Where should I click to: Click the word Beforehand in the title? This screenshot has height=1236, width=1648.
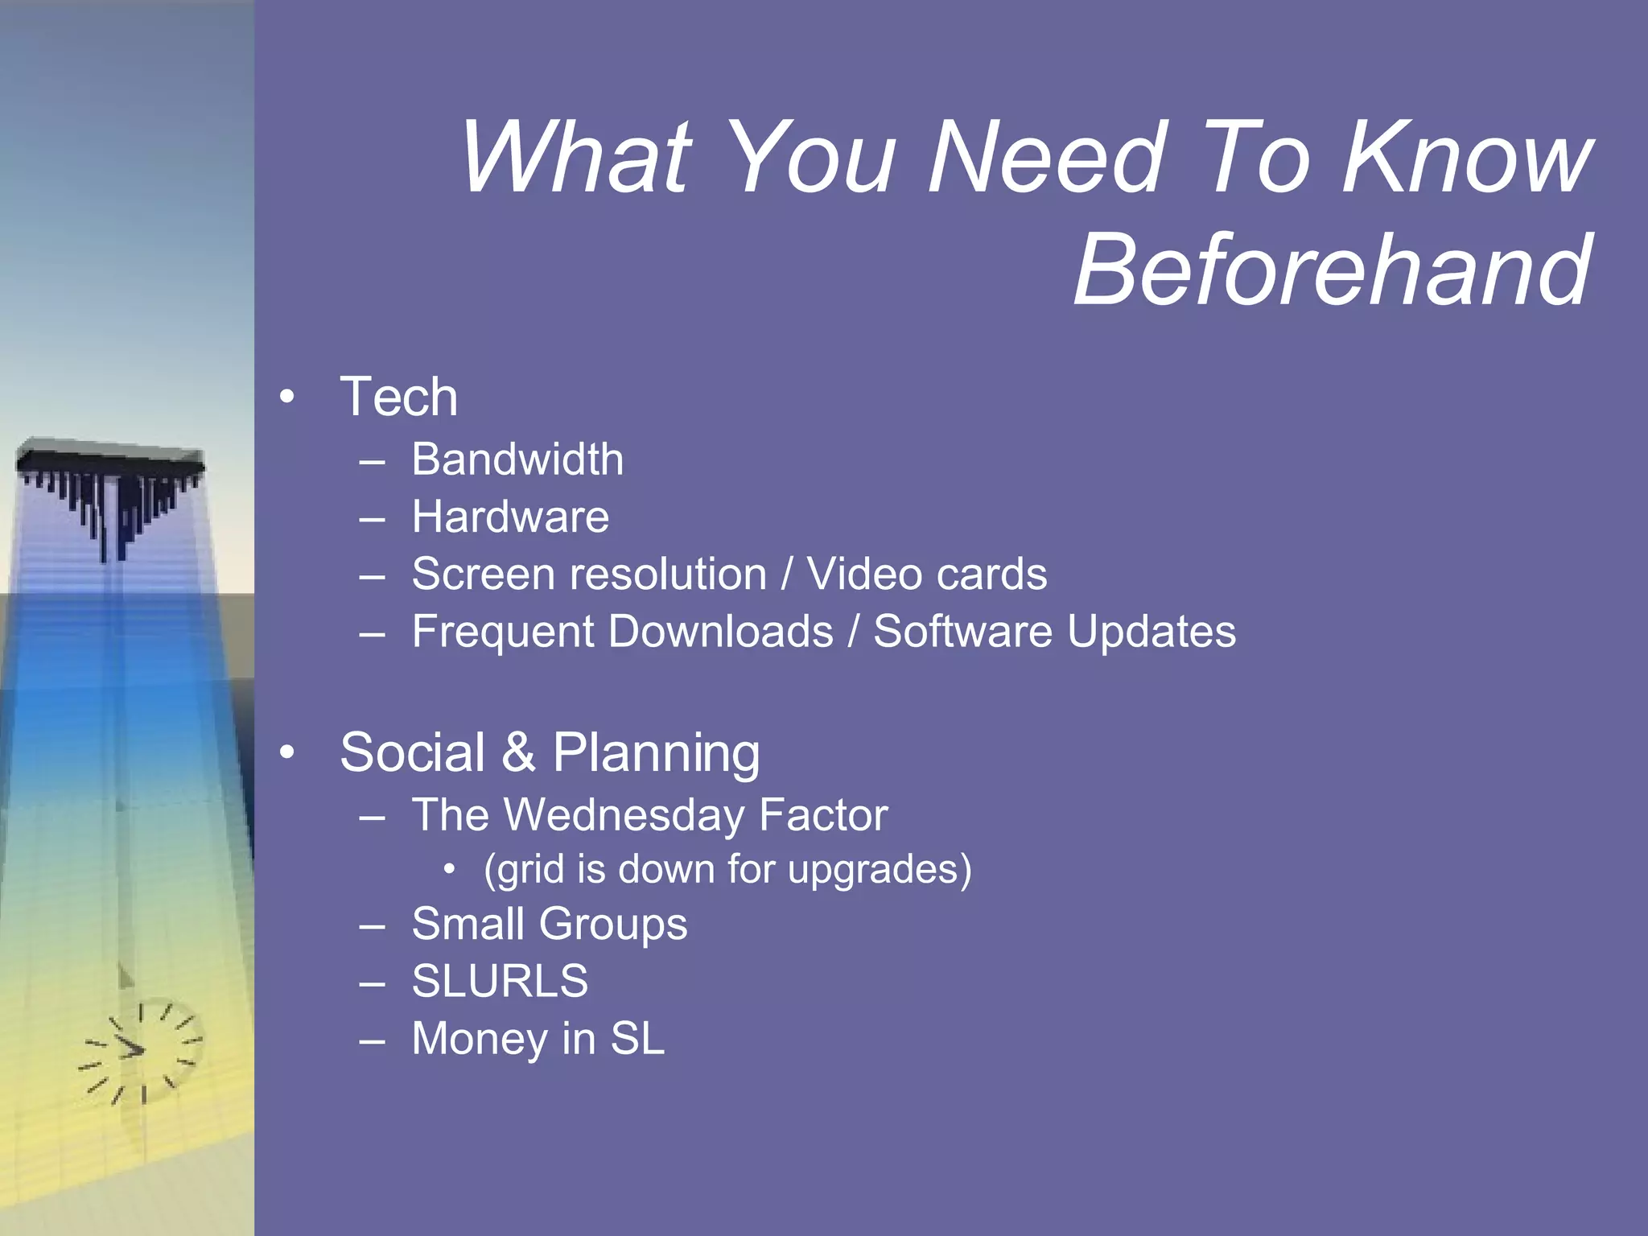pyautogui.click(x=1333, y=270)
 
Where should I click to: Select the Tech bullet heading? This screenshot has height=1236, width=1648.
pyautogui.click(x=398, y=397)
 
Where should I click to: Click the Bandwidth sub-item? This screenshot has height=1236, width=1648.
pyautogui.click(x=517, y=459)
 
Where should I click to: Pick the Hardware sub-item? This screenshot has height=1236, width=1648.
pyautogui.click(x=510, y=517)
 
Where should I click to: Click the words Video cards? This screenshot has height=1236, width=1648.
pyautogui.click(x=927, y=575)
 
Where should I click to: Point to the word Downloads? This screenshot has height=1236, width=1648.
pyautogui.click(x=721, y=632)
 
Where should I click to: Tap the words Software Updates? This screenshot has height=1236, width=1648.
pyautogui.click(x=1054, y=632)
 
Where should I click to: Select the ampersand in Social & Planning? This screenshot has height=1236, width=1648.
pyautogui.click(x=518, y=753)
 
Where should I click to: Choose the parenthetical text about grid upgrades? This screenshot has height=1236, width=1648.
pyautogui.click(x=727, y=870)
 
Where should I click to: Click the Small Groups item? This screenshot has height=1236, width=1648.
pyautogui.click(x=550, y=924)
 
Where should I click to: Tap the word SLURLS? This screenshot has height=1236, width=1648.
pyautogui.click(x=500, y=982)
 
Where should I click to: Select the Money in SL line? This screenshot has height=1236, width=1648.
pyautogui.click(x=538, y=1039)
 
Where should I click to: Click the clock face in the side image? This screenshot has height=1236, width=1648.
pyautogui.click(x=141, y=1051)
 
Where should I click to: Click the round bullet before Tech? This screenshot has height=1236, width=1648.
pyautogui.click(x=287, y=397)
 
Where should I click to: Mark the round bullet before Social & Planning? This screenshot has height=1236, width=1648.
pyautogui.click(x=287, y=753)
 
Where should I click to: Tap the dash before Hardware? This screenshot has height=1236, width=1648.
pyautogui.click(x=372, y=519)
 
